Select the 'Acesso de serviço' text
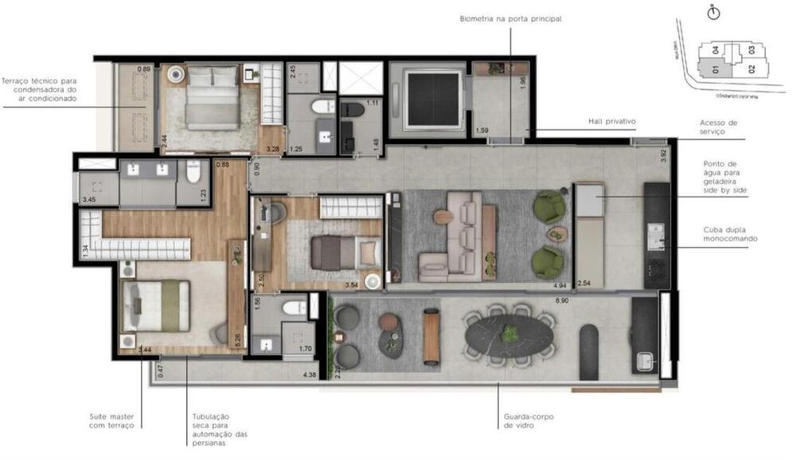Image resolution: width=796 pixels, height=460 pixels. (719, 127)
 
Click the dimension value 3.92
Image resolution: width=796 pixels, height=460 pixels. (664, 155)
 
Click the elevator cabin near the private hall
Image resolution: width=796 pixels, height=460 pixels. (433, 98)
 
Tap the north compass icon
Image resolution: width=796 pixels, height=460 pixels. (713, 13)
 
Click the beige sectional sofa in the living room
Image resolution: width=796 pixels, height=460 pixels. (455, 236)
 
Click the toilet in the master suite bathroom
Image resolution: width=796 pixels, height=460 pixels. (192, 171)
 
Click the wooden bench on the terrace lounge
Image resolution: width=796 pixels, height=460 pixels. (431, 335)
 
